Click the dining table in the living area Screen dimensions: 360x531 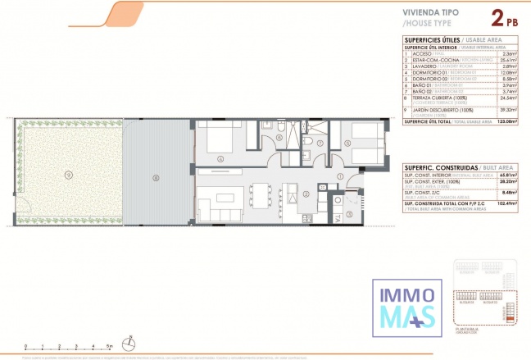pyautogui.click(x=261, y=195)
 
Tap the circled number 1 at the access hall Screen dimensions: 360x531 pyautogui.click(x=340, y=176)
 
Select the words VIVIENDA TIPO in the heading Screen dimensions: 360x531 pyautogui.click(x=430, y=14)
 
